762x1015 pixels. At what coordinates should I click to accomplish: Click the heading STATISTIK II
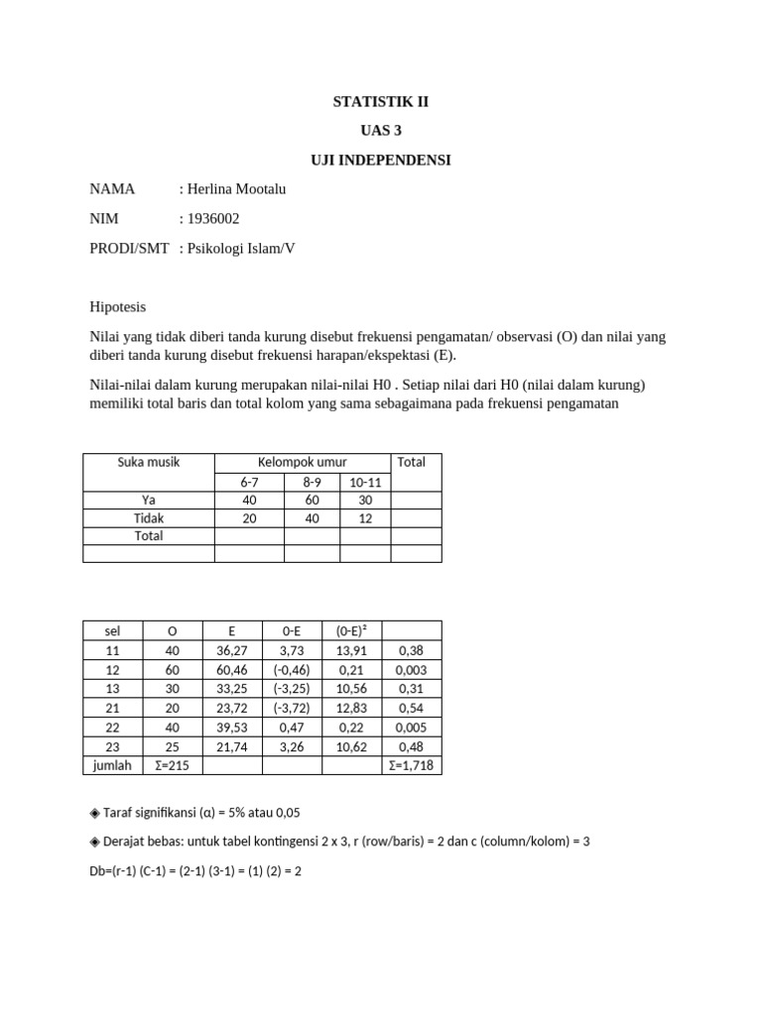[x=381, y=101]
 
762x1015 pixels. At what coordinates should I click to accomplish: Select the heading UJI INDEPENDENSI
[x=381, y=159]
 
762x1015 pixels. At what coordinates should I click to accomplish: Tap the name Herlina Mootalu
[x=232, y=188]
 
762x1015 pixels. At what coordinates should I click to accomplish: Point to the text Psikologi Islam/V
[x=237, y=248]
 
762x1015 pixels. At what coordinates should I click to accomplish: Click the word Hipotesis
[x=117, y=307]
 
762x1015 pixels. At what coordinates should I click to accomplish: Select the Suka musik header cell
[x=149, y=462]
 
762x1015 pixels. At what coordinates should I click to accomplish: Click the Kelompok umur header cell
[x=304, y=462]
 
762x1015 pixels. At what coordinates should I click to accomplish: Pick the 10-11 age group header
[x=365, y=481]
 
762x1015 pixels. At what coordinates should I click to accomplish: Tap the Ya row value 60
[x=312, y=500]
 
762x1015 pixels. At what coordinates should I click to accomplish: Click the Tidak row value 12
[x=365, y=517]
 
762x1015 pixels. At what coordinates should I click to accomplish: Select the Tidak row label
[x=149, y=517]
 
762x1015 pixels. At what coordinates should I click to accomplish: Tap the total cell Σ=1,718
[x=411, y=764]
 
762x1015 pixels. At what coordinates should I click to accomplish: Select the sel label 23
[x=111, y=745]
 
